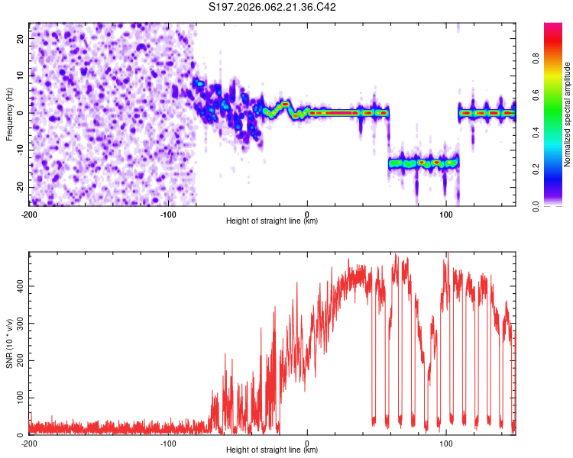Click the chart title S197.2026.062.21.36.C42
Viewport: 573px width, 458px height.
[273, 8]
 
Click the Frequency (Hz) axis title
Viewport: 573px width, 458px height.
[9, 113]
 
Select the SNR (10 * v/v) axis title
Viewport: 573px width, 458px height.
[9, 343]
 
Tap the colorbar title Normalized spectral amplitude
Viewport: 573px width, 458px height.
[568, 114]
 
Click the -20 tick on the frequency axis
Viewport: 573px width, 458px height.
[19, 188]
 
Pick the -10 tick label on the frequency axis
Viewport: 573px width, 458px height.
[19, 150]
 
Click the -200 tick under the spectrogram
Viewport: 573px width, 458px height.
[29, 214]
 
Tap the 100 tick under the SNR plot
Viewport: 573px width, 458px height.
[445, 443]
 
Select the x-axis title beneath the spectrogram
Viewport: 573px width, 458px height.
[272, 221]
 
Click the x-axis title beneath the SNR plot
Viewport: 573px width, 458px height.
[272, 450]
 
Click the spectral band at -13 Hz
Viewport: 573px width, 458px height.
[423, 163]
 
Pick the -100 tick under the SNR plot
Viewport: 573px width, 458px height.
[167, 443]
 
